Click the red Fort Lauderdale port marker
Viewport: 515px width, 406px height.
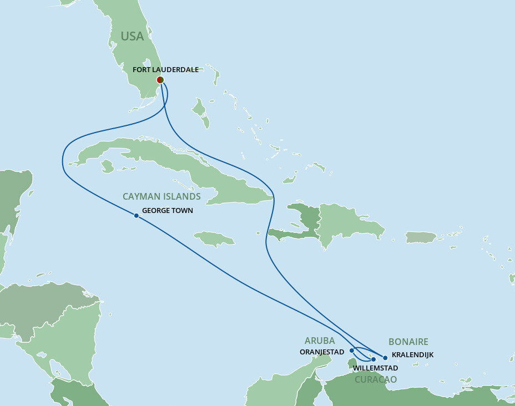[x=160, y=80]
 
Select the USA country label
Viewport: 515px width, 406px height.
[x=132, y=37]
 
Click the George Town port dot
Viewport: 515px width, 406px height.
[x=136, y=216]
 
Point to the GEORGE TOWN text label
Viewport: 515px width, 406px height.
[x=167, y=211]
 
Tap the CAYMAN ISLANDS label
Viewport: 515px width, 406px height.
[x=161, y=196]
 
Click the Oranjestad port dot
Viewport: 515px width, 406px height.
[x=352, y=351]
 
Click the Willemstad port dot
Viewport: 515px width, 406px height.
[x=373, y=359]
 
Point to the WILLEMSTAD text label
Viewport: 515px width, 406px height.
[x=375, y=368]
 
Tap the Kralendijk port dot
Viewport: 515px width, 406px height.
[x=385, y=358]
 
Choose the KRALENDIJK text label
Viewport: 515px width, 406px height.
[x=412, y=354]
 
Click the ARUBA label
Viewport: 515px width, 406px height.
[x=320, y=341]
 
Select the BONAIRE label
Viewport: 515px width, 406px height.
[x=408, y=342]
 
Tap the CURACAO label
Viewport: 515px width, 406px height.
[x=376, y=379]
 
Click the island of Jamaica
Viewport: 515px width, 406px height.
[x=214, y=238]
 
